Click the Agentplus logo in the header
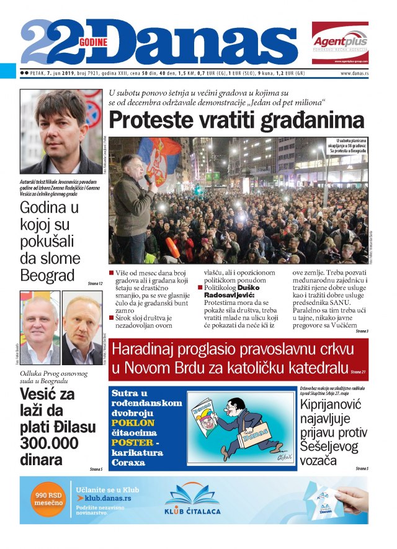[x=339, y=42]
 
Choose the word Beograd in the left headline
[x=47, y=275]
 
